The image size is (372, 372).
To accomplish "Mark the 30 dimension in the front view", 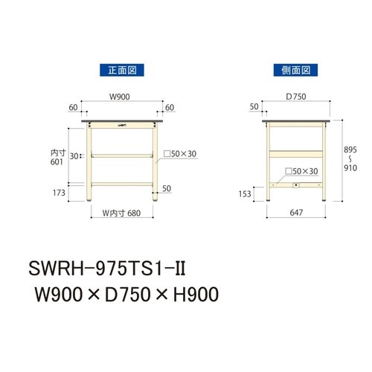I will pyautogui.click(x=74, y=155).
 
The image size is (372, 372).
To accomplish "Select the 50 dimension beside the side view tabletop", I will pyautogui.click(x=255, y=107).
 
